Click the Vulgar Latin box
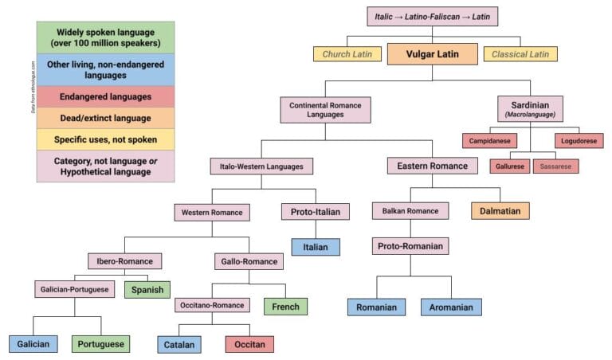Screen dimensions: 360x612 pos(433,53)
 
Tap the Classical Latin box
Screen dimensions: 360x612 pos(520,54)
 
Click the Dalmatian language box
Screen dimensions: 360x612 pos(500,211)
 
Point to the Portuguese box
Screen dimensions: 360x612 pos(100,344)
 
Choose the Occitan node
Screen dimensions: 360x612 pos(249,344)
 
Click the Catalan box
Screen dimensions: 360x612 pos(178,344)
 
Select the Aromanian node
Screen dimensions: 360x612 pos(452,307)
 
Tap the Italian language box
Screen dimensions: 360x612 pos(316,247)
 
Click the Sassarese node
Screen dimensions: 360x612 pos(555,166)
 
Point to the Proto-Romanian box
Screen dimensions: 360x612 pos(410,246)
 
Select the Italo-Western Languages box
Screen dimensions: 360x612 pos(261,166)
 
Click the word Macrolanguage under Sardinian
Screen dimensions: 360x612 pos(530,115)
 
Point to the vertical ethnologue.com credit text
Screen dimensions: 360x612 pos(33,87)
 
